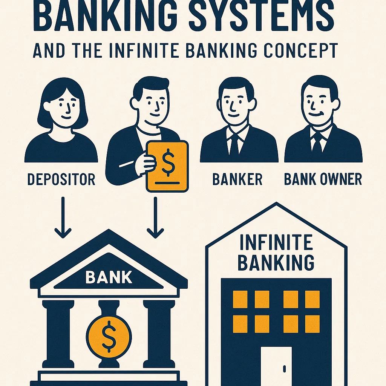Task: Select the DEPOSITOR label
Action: coord(61,179)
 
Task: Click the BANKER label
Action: coord(237,179)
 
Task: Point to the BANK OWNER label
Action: coord(323,179)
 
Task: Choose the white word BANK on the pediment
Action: coord(109,277)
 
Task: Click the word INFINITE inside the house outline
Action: coord(276,243)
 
